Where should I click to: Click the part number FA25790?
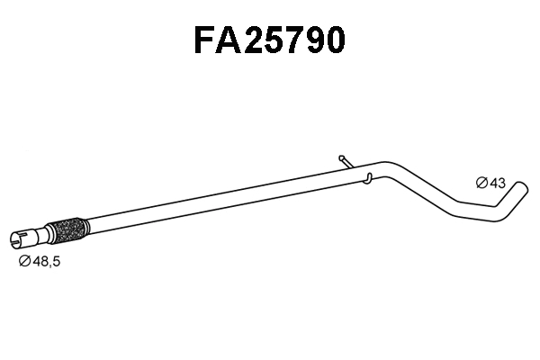coord(269,40)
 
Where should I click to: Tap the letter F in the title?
coord(207,40)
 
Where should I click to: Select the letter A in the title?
coord(232,40)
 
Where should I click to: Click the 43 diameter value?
coord(496,183)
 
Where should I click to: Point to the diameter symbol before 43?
coord(481,183)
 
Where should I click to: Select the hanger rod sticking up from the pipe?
coord(346,161)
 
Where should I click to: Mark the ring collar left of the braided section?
coord(47,233)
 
